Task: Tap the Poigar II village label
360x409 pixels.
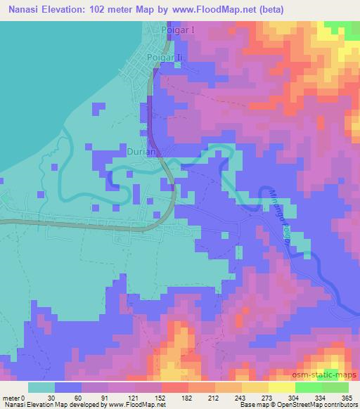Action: tap(165, 57)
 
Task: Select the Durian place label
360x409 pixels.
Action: tap(144, 150)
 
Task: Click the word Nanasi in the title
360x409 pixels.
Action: tap(25, 10)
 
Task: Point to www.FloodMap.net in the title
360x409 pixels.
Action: tap(218, 10)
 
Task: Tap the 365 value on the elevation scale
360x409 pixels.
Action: tap(348, 397)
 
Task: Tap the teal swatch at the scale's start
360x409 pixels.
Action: tap(41, 387)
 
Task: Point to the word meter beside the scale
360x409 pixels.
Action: tap(11, 397)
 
